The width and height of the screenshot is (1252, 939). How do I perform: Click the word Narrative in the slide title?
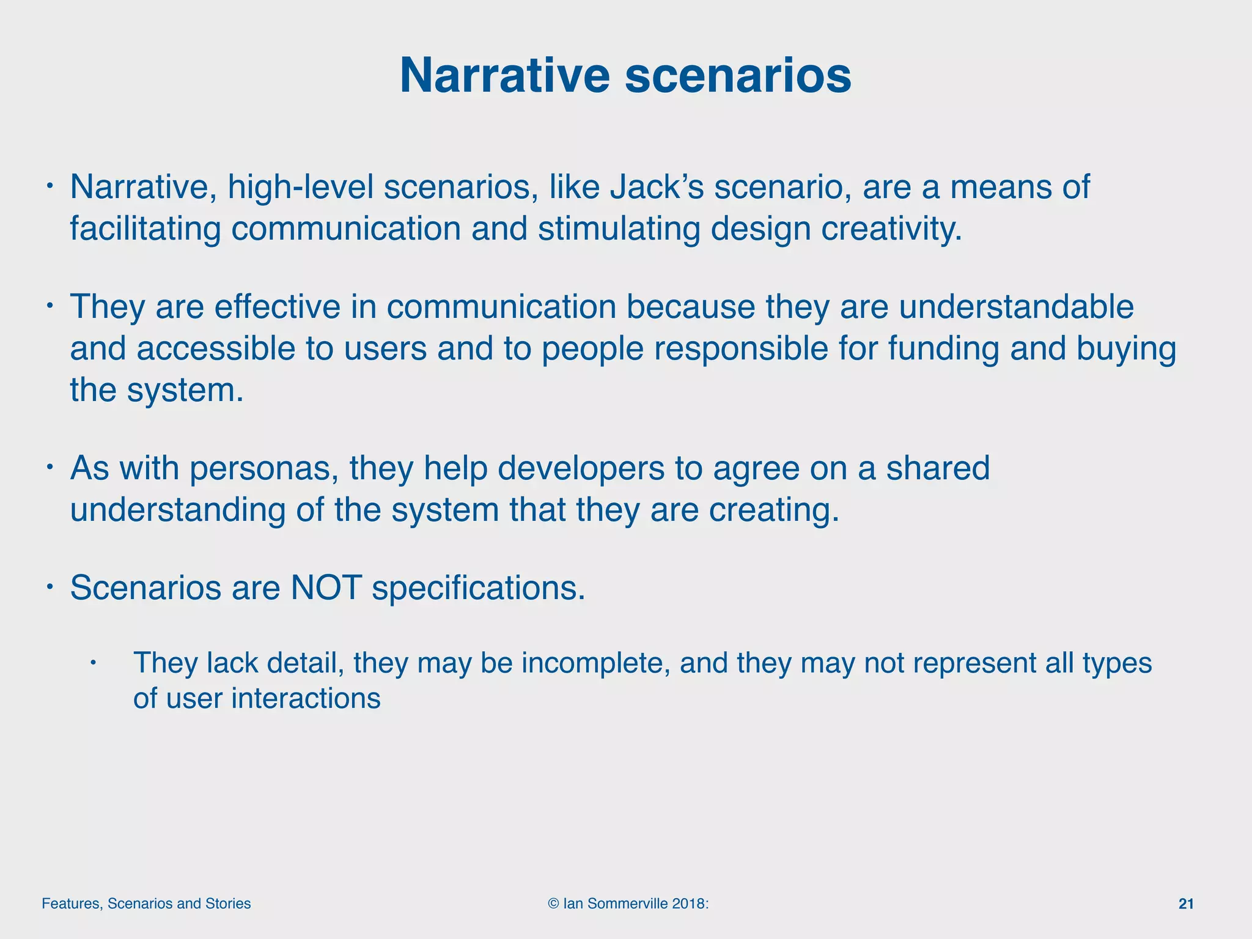point(504,76)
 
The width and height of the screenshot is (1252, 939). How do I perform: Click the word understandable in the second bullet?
point(1016,307)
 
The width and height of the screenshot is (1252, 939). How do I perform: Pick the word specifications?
point(478,588)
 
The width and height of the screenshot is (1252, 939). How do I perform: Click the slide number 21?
point(1185,904)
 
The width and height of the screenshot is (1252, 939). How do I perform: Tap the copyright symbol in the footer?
point(553,904)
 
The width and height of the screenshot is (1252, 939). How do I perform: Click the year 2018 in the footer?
point(688,904)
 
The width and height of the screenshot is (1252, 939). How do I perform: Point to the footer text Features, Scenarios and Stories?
point(146,904)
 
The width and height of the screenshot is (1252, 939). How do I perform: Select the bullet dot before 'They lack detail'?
point(93,663)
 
